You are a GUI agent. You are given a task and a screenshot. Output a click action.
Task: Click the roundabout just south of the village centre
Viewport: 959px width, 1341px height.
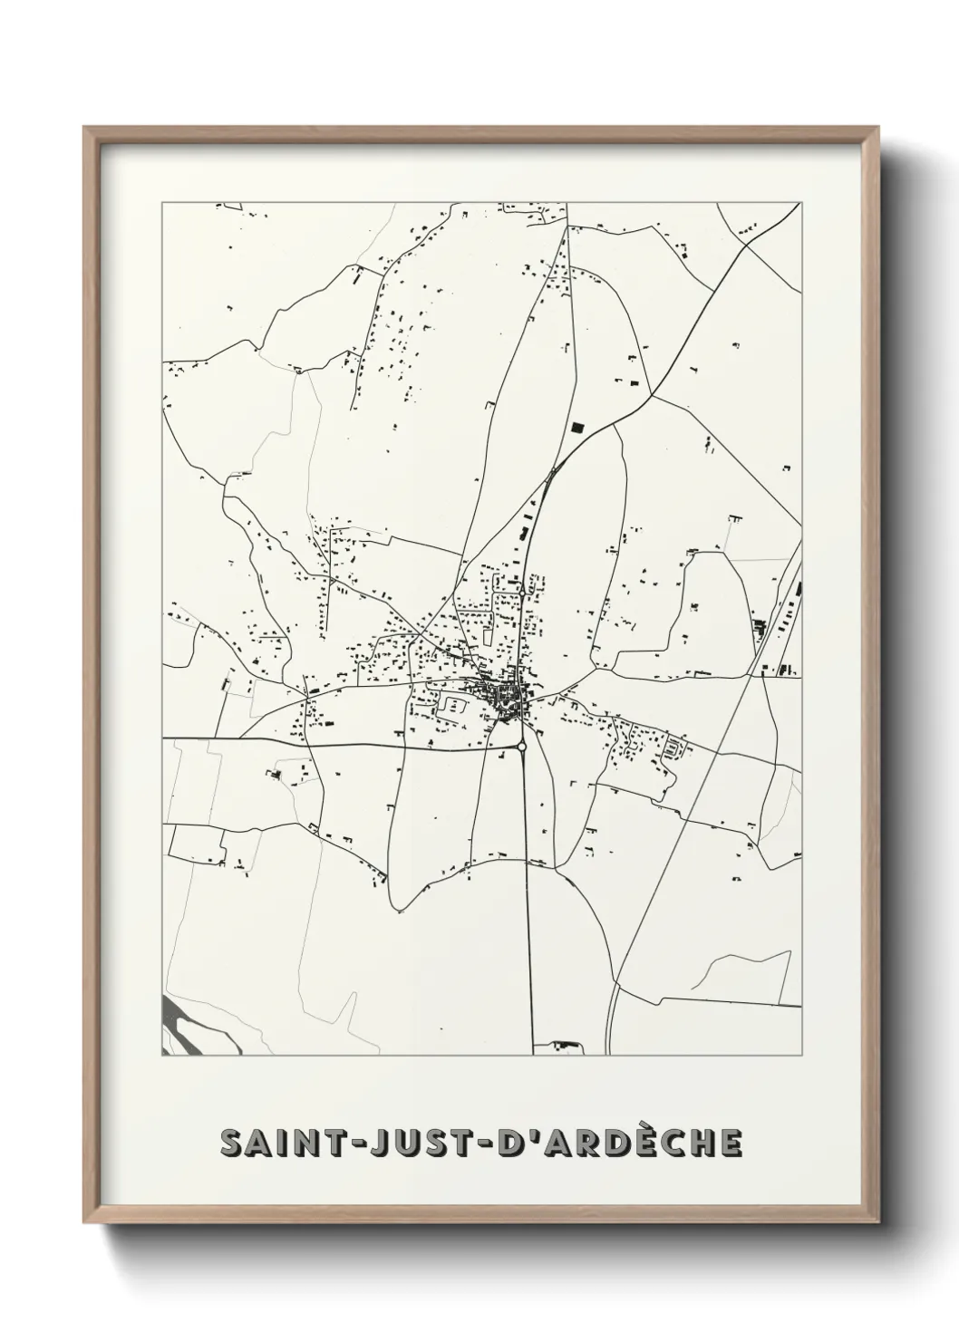pyautogui.click(x=521, y=747)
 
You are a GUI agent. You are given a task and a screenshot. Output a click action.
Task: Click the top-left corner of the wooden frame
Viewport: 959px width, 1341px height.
pyautogui.click(x=85, y=129)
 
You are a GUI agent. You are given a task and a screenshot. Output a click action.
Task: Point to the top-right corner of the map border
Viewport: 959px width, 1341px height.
pyautogui.click(x=801, y=203)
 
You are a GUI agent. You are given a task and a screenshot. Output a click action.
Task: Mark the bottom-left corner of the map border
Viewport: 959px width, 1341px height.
pyautogui.click(x=162, y=1056)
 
